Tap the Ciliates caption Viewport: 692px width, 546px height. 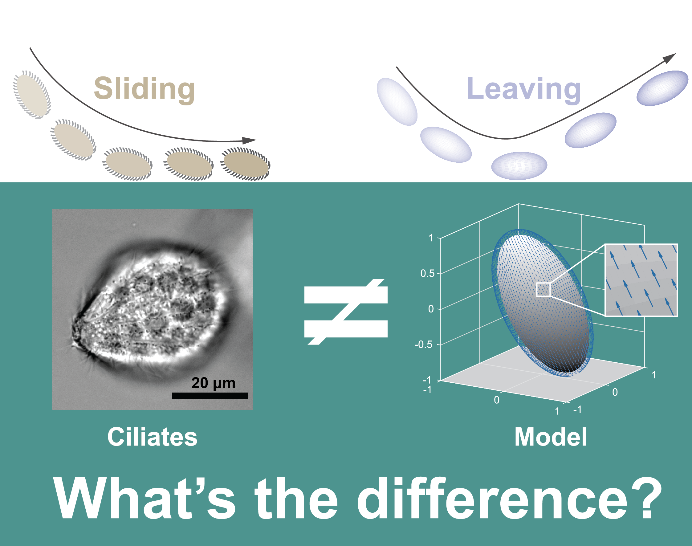coord(152,437)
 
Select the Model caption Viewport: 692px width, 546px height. coord(551,437)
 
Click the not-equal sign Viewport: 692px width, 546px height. coord(346,312)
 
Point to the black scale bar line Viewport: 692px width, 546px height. coord(210,395)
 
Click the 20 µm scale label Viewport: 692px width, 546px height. coord(213,383)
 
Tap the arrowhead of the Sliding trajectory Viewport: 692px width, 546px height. coord(249,140)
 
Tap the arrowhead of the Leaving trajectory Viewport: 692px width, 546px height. coord(669,58)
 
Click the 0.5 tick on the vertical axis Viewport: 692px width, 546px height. coord(427,273)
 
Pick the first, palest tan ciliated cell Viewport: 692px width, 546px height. coord(32,95)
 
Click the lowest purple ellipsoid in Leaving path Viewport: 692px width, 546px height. coord(519,165)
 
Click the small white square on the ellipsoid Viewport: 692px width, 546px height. coord(543,290)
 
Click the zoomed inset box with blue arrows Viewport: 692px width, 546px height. coord(641,280)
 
